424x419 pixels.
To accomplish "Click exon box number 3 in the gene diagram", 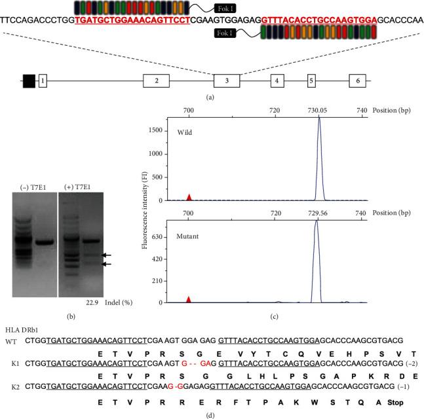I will coord(227,81).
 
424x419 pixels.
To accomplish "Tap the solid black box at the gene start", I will coord(29,81).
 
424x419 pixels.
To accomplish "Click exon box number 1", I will coord(43,81).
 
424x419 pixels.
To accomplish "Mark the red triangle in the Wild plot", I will coord(189,197).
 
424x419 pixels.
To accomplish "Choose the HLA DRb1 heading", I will coord(23,328).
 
